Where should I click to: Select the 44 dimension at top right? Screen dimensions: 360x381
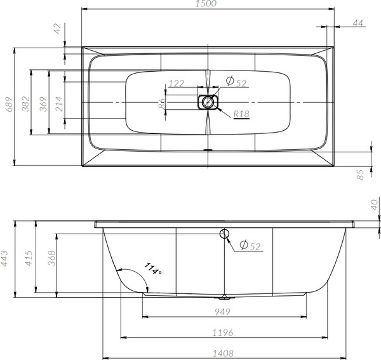[x=358, y=23]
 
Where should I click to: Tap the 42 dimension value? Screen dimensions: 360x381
[x=58, y=29]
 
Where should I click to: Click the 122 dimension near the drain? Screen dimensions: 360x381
[x=177, y=84]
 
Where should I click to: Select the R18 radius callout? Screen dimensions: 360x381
[x=241, y=114]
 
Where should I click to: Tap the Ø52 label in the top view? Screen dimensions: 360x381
[x=237, y=82]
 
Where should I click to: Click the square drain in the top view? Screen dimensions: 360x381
[x=207, y=102]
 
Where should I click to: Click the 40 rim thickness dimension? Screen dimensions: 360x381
[x=375, y=204]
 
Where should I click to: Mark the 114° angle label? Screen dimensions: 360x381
[x=153, y=269]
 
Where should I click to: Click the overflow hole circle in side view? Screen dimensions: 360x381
[x=224, y=234]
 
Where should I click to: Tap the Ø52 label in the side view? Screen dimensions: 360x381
[x=251, y=246]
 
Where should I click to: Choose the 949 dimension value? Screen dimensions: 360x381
[x=222, y=311]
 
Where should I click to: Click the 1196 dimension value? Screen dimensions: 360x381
[x=222, y=332]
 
